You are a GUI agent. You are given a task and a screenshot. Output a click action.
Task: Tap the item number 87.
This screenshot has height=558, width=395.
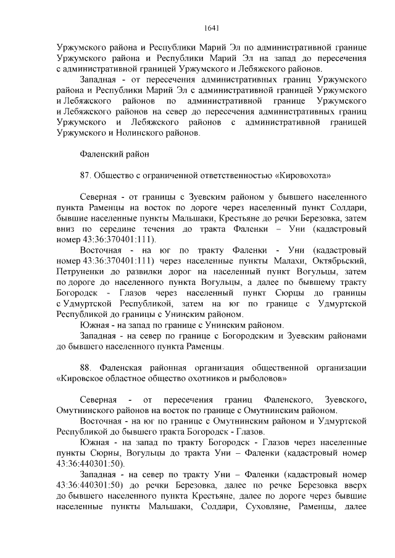[86, 175]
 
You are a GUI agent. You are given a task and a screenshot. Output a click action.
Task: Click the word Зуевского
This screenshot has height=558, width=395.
[347, 399]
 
